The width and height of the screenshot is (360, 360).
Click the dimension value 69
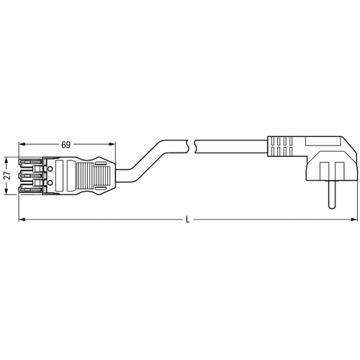coord(66,145)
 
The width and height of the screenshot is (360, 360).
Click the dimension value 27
coord(7,176)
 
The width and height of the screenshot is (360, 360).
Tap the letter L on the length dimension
coord(188,219)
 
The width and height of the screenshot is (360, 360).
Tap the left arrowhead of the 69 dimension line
coord(21,150)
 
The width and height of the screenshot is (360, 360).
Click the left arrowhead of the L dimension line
coord(21,219)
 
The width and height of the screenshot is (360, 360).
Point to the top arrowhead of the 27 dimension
coord(8,159)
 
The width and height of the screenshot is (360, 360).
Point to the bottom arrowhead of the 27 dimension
coord(8,192)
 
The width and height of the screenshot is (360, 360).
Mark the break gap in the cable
coord(189,145)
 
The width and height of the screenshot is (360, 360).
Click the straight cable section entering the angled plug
coord(230,145)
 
